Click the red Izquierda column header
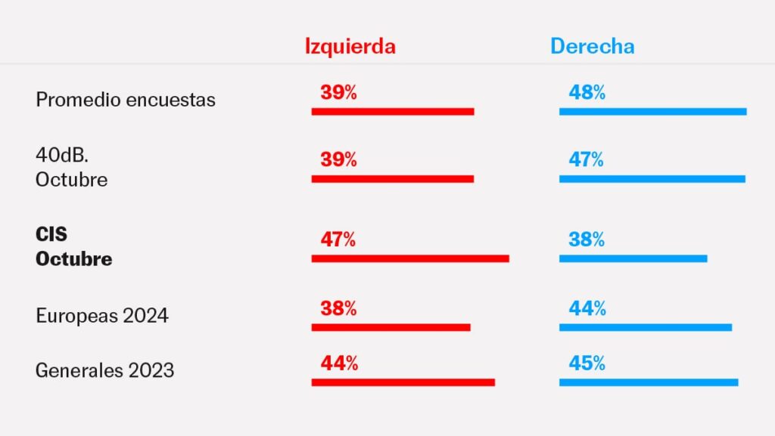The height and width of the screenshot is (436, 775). coord(350,46)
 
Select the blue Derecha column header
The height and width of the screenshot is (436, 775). coord(592,46)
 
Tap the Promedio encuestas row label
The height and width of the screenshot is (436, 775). coord(126,100)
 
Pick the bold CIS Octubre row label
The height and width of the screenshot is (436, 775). coord(74,247)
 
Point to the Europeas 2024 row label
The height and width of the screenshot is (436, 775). coord(102,315)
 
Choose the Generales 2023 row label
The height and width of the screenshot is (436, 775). coord(105,370)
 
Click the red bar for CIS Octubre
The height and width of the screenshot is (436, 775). coord(410,258)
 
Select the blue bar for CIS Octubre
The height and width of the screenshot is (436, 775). coord(633,258)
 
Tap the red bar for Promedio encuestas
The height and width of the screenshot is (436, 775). coord(393,112)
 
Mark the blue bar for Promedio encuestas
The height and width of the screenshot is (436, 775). coord(652,112)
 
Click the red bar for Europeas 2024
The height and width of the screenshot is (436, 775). coord(391,327)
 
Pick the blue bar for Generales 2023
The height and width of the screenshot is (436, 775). coord(649,382)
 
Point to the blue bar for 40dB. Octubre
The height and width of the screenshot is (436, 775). coord(652,179)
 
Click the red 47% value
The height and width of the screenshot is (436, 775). coord(338,240)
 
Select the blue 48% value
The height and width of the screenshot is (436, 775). coord(587,93)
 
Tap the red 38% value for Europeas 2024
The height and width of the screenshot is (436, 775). coord(338,308)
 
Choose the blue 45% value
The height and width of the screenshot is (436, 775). coord(587,363)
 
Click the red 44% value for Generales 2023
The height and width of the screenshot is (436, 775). coord(338,363)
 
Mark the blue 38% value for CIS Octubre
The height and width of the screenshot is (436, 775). coord(587,240)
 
